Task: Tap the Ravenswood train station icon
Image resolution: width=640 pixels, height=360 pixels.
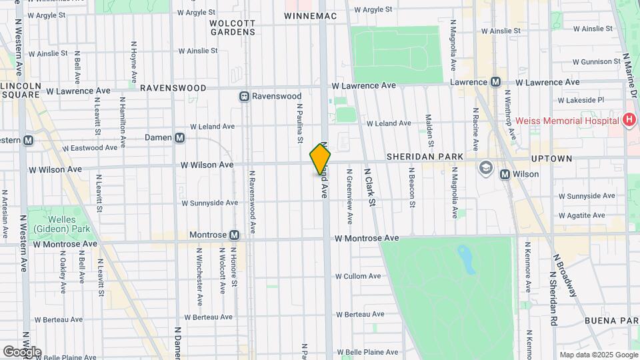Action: (x=245, y=97)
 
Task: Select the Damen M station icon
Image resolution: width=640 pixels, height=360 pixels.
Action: (x=179, y=138)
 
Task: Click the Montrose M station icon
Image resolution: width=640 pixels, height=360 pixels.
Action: (x=234, y=235)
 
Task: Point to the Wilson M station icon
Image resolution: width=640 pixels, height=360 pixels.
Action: (x=505, y=175)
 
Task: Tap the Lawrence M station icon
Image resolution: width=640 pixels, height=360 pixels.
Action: (x=495, y=82)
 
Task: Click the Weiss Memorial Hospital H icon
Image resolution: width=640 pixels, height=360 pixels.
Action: (x=627, y=121)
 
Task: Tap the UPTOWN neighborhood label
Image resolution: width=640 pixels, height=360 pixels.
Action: (x=551, y=159)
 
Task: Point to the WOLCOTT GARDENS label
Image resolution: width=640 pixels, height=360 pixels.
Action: (x=232, y=27)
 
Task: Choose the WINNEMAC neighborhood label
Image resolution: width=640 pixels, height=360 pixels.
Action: (x=308, y=15)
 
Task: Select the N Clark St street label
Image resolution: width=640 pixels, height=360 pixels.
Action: (x=369, y=187)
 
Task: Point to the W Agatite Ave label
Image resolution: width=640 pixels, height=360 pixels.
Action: (x=581, y=215)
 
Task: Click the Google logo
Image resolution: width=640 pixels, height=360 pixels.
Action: (x=22, y=351)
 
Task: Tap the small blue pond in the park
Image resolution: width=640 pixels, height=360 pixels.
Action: (x=466, y=259)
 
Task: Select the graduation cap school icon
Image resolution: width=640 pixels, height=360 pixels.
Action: (x=485, y=167)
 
